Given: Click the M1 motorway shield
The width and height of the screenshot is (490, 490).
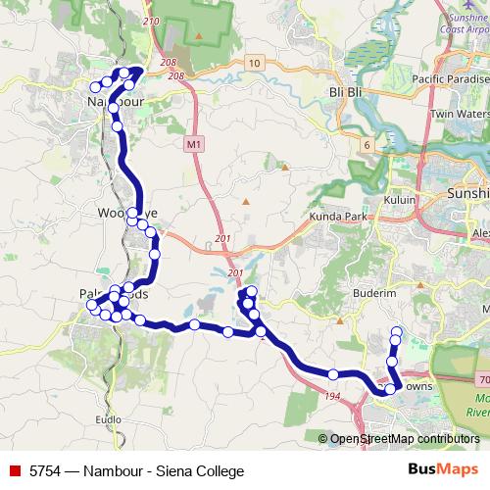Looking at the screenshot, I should point(193,144).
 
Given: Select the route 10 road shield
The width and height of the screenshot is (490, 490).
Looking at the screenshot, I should point(254,64).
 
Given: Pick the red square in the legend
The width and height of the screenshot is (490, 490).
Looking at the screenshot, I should point(15,471).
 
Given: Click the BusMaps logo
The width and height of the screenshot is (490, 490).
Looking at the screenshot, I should point(442,470).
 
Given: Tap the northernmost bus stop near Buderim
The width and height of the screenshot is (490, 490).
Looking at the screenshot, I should point(397,330).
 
